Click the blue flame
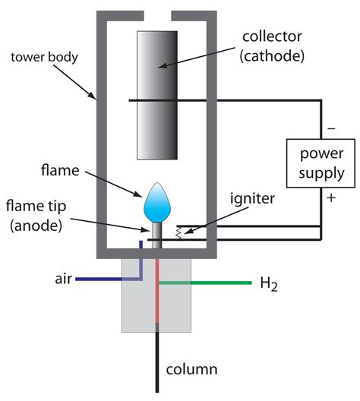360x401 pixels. coord(157,202)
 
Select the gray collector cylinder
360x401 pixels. coord(157,95)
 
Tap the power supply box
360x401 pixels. coord(321,163)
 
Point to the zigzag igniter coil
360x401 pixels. coord(178,233)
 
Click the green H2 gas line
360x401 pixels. coord(205,283)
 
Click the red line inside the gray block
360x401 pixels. coord(157,291)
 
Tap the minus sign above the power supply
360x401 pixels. coord(331,128)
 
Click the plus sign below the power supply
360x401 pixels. coord(331,197)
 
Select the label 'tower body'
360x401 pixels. coord(44,57)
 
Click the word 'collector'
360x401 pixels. coord(272,36)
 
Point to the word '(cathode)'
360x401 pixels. coord(272,56)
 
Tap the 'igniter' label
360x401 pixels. coord(252,198)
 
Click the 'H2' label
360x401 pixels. coord(269,284)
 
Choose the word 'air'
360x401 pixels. coord(63,279)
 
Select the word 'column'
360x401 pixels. coord(191,369)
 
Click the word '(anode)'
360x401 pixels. coord(36,226)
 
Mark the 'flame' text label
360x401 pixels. coord(60,170)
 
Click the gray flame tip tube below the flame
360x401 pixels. coord(157,235)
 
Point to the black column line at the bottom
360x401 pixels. coord(157,358)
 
